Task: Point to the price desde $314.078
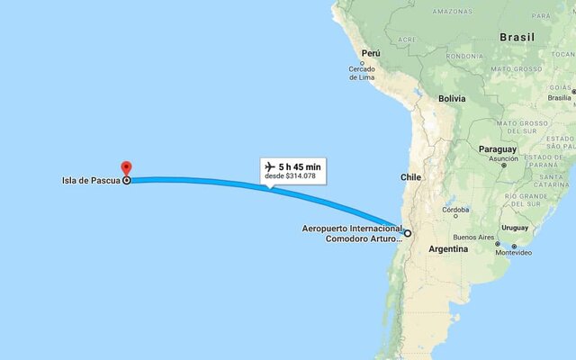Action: coord(291,176)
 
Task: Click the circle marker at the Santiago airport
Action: coord(408,233)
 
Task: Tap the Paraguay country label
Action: coord(498,148)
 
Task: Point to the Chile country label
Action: coord(411,177)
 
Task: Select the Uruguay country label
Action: coord(516,227)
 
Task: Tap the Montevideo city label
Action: coord(516,253)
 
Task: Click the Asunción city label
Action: coord(503,158)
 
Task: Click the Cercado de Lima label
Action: coord(362,74)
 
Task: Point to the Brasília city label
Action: coord(560,97)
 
